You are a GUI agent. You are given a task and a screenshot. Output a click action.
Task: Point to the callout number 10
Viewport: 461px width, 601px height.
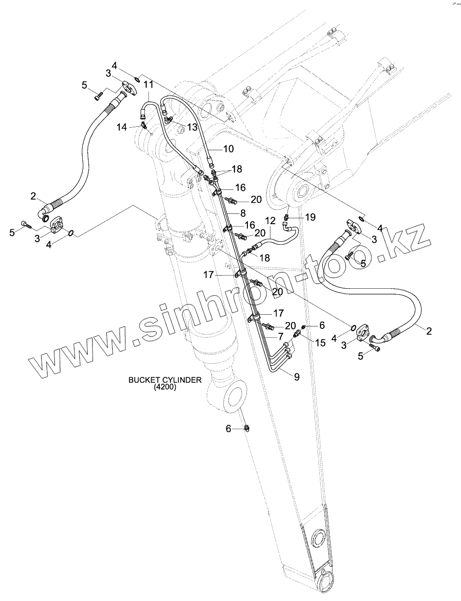[228, 148]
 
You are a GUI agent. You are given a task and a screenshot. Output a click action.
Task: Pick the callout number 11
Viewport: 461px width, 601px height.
[148, 85]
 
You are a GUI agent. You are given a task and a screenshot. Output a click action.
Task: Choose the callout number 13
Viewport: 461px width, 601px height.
[192, 127]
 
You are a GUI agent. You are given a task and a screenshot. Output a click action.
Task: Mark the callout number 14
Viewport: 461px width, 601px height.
[121, 127]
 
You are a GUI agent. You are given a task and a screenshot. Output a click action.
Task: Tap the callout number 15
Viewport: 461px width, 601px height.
[320, 343]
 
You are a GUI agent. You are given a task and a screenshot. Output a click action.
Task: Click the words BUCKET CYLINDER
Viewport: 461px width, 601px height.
[164, 380]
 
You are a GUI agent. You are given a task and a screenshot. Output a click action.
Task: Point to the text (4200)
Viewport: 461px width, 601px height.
[165, 387]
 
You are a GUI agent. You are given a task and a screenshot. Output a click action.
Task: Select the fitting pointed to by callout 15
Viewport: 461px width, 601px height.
[297, 334]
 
